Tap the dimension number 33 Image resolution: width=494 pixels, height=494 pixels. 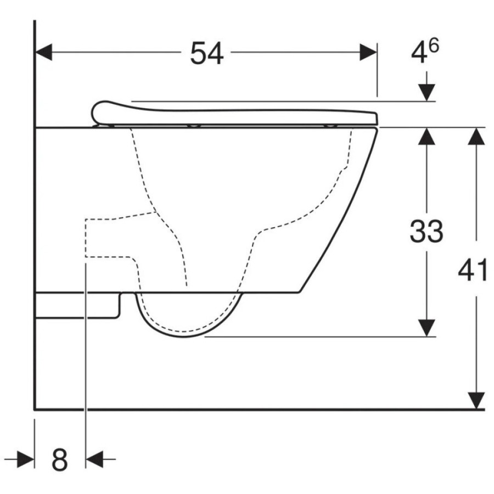click(x=426, y=231)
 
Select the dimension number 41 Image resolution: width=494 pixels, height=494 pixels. click(x=472, y=271)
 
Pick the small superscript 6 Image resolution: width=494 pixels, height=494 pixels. click(x=434, y=46)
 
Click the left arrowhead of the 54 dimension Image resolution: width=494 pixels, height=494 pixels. click(x=43, y=52)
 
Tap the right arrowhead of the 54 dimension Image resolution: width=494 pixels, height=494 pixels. click(x=368, y=52)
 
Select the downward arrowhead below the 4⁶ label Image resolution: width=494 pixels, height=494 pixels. click(x=426, y=93)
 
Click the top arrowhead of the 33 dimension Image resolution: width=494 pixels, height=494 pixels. click(x=426, y=136)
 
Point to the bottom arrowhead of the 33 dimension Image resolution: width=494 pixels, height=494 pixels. click(x=426, y=328)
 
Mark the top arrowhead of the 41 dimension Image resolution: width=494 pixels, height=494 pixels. click(x=476, y=136)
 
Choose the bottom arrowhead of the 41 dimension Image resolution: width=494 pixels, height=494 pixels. click(x=476, y=400)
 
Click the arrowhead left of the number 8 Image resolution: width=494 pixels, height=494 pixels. click(x=26, y=459)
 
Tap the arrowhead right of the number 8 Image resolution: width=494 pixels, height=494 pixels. click(x=94, y=459)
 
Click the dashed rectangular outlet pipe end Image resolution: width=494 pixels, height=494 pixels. click(x=86, y=238)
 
